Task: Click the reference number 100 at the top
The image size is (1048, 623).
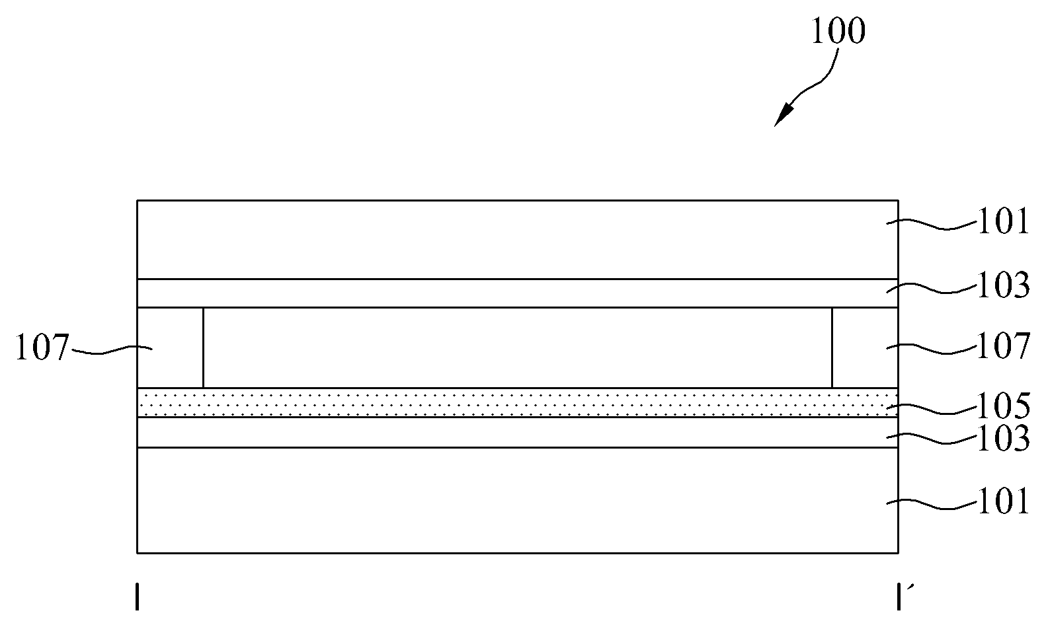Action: (838, 31)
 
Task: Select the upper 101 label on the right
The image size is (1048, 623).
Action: (1004, 221)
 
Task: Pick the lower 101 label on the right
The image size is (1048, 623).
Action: (1004, 501)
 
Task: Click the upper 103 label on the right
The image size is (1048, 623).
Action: (1004, 285)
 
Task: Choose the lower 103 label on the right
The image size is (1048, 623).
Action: (1004, 439)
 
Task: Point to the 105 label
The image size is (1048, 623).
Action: (1004, 406)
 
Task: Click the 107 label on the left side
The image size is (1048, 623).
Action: (42, 348)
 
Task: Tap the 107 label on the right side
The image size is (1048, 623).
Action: (1004, 346)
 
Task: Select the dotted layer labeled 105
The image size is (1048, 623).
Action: (518, 402)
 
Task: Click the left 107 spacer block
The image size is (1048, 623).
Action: (171, 348)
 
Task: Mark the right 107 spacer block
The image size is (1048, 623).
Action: (865, 348)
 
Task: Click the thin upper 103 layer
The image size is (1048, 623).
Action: (518, 293)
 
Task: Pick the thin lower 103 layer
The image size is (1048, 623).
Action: (518, 432)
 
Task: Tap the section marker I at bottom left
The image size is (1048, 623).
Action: (137, 597)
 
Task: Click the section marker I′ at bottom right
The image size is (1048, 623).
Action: (901, 597)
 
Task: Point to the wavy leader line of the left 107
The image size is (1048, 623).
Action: (111, 349)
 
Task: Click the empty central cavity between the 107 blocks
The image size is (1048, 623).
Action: (518, 348)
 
